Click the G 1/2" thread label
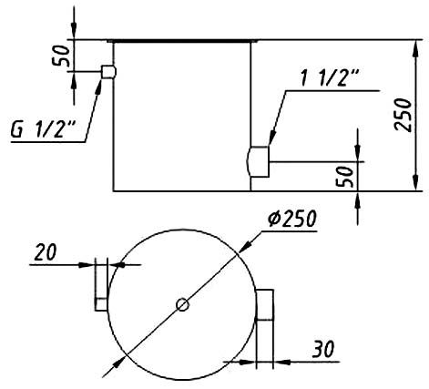pyautogui.click(x=43, y=129)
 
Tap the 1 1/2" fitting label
pyautogui.click(x=330, y=77)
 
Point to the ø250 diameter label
pyautogui.click(x=292, y=219)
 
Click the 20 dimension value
pyautogui.click(x=46, y=252)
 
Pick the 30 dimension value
pyautogui.click(x=323, y=349)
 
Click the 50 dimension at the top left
pyautogui.click(x=61, y=56)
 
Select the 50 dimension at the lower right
pyautogui.click(x=345, y=177)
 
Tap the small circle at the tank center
pyautogui.click(x=183, y=304)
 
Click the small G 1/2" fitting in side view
pyautogui.click(x=108, y=72)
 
